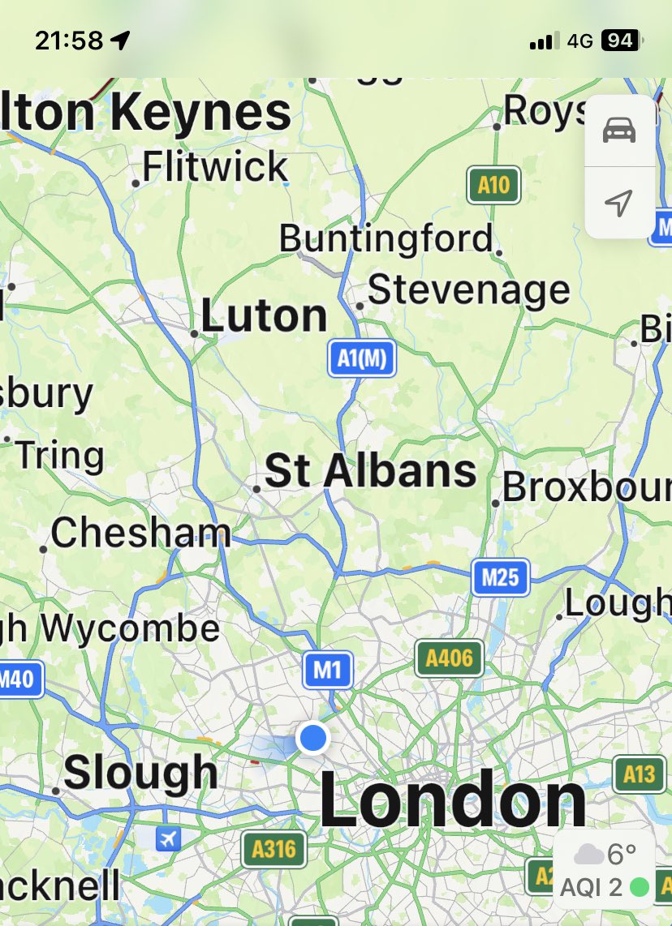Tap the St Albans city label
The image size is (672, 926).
[x=371, y=471]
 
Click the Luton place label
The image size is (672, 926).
[x=264, y=315]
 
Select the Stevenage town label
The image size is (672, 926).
[x=469, y=289]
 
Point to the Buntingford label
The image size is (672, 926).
[x=386, y=238]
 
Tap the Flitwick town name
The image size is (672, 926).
[x=214, y=167]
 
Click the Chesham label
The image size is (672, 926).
[x=140, y=533]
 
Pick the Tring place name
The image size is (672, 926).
[x=59, y=456]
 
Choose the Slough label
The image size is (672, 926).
[x=140, y=771]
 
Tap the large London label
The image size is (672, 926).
[x=452, y=801]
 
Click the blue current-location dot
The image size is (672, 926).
[x=312, y=738]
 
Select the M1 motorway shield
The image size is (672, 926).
[x=328, y=670]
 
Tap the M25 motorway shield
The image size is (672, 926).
[x=500, y=577]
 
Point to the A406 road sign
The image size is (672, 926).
[x=449, y=658]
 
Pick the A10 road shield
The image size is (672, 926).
[x=493, y=186]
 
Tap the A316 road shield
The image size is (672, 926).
[x=274, y=849]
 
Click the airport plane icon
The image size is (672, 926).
[x=168, y=838]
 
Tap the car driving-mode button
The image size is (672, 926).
[x=619, y=131]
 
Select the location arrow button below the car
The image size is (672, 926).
[x=619, y=203]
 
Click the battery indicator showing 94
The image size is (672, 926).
[x=620, y=41]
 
